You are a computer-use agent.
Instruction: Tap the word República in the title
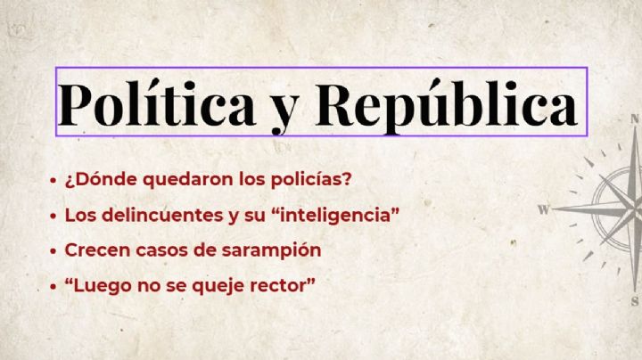point(446,103)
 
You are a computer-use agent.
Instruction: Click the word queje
point(218,286)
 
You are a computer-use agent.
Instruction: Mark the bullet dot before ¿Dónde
point(53,180)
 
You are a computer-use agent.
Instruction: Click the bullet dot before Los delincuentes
point(53,216)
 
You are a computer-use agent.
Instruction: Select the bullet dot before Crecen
point(53,251)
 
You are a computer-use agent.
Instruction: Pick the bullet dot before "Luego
point(53,287)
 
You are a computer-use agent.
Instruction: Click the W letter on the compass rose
point(543,209)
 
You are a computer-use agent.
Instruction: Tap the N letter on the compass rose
point(635,119)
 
